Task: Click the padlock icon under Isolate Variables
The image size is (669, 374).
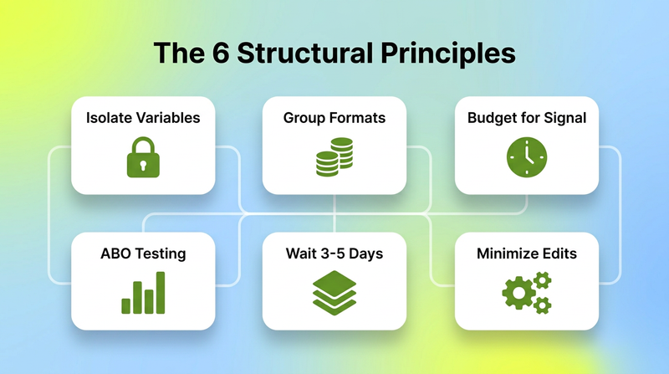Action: click(143, 157)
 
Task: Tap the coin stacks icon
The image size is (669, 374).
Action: click(334, 156)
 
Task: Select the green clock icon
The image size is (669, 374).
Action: click(527, 157)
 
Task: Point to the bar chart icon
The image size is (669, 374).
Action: click(143, 293)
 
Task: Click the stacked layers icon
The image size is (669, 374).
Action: click(334, 293)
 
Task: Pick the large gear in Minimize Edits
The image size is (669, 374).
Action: click(518, 293)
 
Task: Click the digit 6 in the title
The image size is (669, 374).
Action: click(220, 53)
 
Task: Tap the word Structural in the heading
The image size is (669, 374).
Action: click(304, 53)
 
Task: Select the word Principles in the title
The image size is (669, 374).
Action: click(448, 54)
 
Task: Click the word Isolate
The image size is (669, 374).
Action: click(105, 118)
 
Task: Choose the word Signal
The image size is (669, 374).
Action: click(565, 118)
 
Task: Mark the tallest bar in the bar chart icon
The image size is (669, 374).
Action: click(161, 293)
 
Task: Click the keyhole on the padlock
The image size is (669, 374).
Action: click(143, 165)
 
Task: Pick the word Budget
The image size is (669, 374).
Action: click(488, 118)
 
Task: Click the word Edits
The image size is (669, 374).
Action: click(556, 254)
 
